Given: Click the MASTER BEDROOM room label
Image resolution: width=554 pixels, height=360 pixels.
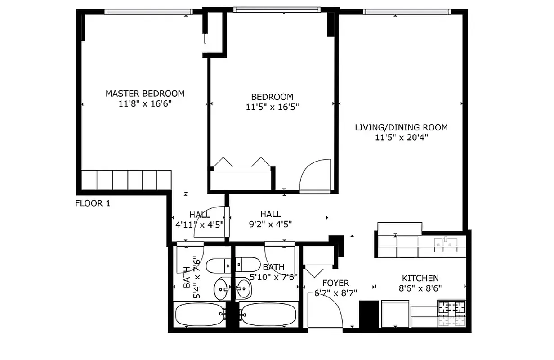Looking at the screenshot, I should [x=145, y=94].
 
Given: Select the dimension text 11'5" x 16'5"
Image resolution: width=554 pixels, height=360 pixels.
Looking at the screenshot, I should [x=272, y=107].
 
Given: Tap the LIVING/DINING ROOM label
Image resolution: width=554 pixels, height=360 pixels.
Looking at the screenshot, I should [x=401, y=127].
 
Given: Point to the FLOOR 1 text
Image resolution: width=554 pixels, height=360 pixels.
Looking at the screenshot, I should [x=92, y=203].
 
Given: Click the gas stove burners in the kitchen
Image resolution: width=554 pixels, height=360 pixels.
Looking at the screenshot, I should [x=452, y=314].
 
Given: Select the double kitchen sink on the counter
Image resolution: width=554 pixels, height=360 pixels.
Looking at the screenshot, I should [x=445, y=244].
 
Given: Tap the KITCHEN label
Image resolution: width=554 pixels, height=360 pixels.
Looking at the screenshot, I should [x=420, y=279].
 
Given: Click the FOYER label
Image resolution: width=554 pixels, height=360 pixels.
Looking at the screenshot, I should [x=335, y=283].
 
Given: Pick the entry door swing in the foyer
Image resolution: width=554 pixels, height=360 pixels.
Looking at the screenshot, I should [x=325, y=310].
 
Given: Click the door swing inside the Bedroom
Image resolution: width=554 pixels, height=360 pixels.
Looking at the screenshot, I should [x=316, y=176].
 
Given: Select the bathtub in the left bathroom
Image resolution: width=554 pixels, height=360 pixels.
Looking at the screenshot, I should [x=198, y=314].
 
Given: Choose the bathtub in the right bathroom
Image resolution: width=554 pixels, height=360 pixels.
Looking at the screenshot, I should [x=268, y=314].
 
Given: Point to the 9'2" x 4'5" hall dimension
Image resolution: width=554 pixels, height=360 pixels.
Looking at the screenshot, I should [x=270, y=224].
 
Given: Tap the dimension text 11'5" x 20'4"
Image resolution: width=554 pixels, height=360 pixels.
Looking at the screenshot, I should [x=401, y=138].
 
